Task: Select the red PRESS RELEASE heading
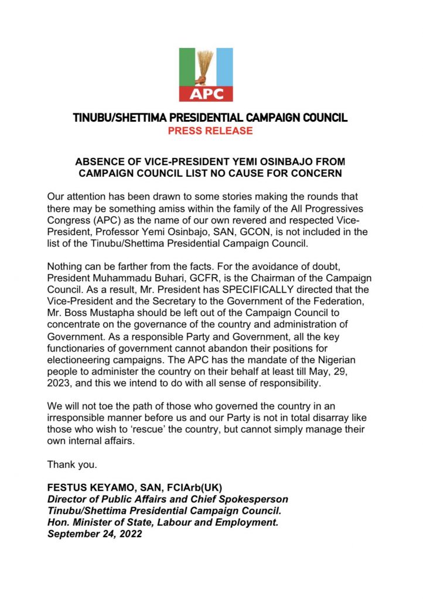click(x=210, y=131)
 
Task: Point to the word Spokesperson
click(x=258, y=499)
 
